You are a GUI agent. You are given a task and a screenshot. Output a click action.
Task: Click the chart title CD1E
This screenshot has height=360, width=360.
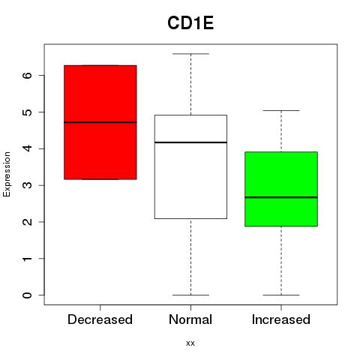click(x=190, y=23)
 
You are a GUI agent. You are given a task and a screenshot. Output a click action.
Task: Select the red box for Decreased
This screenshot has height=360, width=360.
click(x=100, y=122)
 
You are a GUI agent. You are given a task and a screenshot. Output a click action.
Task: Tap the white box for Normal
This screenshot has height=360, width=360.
click(x=190, y=166)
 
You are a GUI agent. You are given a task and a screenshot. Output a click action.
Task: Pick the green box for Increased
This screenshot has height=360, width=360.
click(x=281, y=189)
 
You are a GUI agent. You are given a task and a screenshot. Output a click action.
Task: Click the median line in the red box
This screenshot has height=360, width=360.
click(x=100, y=122)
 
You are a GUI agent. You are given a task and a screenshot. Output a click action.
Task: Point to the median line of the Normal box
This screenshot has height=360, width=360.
click(x=190, y=142)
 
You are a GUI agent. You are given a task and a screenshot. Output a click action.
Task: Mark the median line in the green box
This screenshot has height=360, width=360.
click(x=281, y=197)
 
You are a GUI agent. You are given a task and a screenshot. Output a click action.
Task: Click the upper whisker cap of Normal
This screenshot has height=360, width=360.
click(x=190, y=54)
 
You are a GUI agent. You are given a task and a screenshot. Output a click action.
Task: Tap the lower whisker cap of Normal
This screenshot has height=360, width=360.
click(x=190, y=295)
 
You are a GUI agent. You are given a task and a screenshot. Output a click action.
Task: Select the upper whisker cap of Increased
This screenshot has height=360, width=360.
click(x=281, y=110)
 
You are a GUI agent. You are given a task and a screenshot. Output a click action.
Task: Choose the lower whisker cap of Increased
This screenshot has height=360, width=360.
click(x=281, y=295)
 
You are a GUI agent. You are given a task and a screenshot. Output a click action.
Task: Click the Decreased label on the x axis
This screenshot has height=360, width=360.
click(x=100, y=319)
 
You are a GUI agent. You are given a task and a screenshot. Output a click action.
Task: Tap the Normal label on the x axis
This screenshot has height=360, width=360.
click(x=190, y=319)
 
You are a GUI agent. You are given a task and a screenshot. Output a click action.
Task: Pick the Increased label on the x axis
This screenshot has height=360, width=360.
click(x=281, y=319)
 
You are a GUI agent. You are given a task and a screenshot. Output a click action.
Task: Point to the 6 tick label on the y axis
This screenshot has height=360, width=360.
click(x=27, y=75)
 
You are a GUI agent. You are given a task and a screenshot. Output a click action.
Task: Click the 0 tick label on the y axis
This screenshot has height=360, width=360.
click(x=27, y=295)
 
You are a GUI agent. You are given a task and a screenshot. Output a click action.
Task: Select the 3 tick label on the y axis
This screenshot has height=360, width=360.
click(x=27, y=185)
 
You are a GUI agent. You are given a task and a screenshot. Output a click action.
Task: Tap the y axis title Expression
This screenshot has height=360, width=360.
click(x=7, y=174)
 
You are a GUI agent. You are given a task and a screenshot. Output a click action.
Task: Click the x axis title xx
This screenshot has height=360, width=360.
click(x=190, y=343)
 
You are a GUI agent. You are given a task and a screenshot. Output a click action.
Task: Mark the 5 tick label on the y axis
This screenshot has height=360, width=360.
click(x=27, y=112)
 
